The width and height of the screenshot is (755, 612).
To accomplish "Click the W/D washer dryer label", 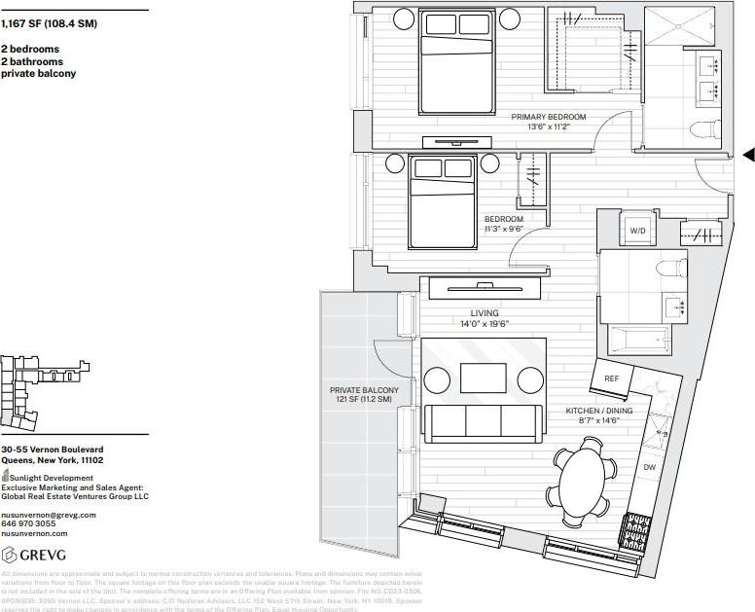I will [x=637, y=231].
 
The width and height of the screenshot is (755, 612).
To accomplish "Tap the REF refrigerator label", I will [x=612, y=378].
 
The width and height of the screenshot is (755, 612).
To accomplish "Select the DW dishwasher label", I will [x=650, y=468].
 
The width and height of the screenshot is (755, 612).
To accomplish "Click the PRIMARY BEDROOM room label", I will [x=548, y=117].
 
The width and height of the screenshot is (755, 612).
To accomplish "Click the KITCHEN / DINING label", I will [x=598, y=412].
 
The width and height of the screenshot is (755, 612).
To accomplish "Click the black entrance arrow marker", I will [x=748, y=154].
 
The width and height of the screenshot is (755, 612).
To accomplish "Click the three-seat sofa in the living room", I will [x=483, y=420].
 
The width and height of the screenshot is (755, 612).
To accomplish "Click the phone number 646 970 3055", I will [x=28, y=523].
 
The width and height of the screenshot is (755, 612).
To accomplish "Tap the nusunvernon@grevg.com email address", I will [x=49, y=514].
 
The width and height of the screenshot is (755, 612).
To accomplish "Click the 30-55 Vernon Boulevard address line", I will [x=59, y=450].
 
